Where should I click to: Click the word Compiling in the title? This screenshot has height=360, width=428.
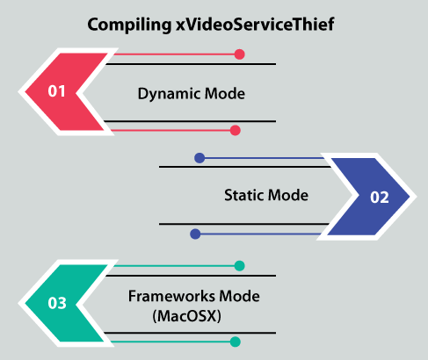[x=129, y=25]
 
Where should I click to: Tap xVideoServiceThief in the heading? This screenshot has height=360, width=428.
[x=255, y=24]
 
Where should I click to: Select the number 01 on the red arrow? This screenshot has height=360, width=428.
[x=57, y=91]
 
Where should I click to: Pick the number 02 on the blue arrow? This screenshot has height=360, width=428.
[x=380, y=197]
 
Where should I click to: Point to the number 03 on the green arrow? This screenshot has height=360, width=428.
[x=57, y=303]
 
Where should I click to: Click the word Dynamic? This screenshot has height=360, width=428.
[x=169, y=94]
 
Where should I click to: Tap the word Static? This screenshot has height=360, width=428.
[x=244, y=195]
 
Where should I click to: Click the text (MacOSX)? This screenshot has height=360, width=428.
[x=186, y=316]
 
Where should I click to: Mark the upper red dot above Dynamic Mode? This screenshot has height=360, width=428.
[x=240, y=54]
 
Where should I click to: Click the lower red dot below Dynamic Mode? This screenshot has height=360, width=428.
[x=236, y=131]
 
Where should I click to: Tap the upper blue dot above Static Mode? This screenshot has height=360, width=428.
[x=199, y=158]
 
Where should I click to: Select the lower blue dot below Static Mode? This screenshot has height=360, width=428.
[x=195, y=234]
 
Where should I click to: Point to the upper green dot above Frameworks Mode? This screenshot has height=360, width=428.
[x=240, y=266]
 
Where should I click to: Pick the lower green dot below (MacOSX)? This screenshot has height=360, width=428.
[x=236, y=342]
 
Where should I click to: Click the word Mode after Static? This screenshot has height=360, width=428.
[x=288, y=195]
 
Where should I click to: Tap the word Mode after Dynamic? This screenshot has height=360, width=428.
[x=225, y=94]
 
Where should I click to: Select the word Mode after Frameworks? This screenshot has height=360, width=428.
[x=239, y=296]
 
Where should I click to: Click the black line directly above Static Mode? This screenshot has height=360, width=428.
[x=245, y=167]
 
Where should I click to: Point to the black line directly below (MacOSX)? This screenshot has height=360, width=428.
[x=190, y=333]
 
